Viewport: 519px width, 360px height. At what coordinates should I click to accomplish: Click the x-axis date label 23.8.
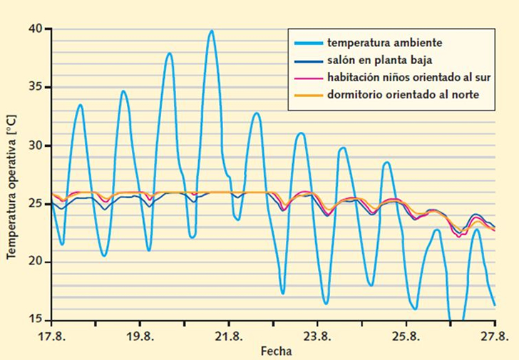point(317,336)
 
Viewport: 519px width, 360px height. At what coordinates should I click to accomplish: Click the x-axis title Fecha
point(276,351)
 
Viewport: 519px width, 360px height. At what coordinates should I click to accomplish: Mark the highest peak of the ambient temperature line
point(211,31)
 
